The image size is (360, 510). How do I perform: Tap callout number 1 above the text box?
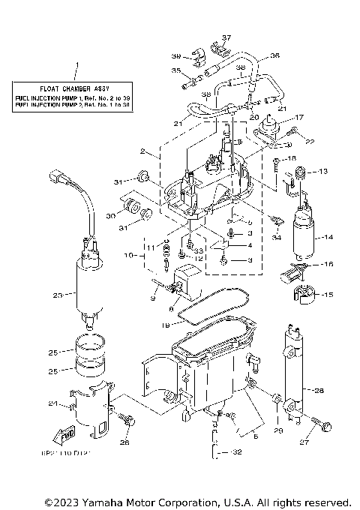point(75,66)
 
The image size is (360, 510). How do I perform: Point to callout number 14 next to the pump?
point(327,238)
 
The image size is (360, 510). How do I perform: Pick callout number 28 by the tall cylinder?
point(319,390)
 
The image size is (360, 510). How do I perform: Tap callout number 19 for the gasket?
point(166,325)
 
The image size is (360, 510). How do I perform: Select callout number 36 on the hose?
point(274,55)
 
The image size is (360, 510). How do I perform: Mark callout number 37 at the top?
point(227,37)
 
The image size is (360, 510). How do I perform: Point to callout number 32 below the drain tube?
point(238,453)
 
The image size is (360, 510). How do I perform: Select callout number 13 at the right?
point(323,172)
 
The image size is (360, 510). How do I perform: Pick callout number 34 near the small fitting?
point(277,238)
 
